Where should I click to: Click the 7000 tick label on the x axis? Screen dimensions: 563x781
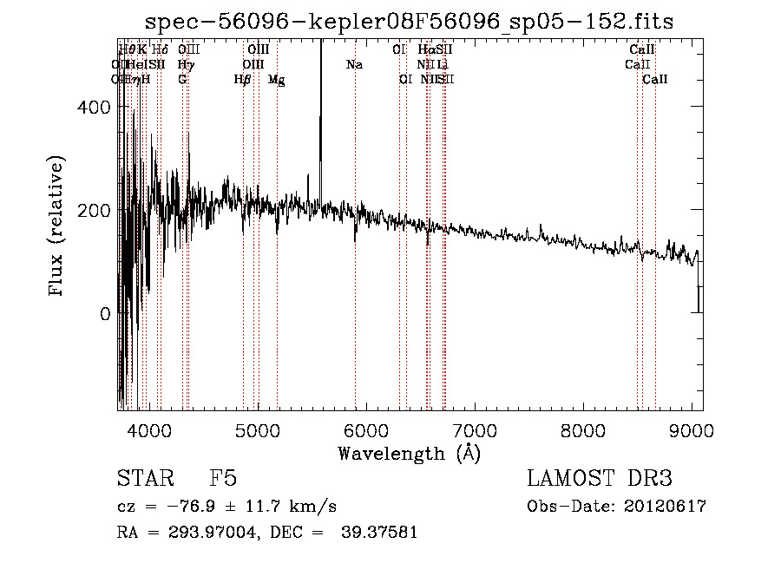475,431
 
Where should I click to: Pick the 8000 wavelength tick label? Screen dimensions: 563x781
583,431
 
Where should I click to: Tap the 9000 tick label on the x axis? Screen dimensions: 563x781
692,431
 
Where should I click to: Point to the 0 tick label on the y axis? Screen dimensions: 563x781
105,314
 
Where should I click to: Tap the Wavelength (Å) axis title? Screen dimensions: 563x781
409,453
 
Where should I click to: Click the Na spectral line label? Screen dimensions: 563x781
354,64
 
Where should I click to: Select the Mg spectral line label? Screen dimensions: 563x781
276,80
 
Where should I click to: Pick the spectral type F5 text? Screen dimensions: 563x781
223,479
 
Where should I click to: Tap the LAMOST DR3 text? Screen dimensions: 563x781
599,479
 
